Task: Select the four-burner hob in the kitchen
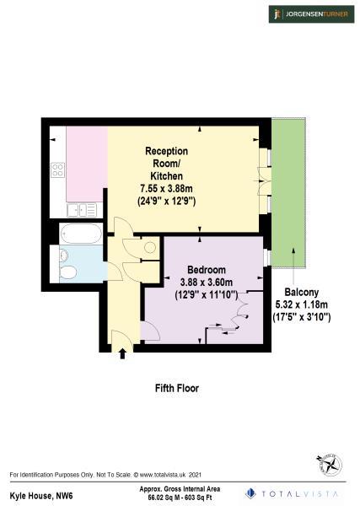(58, 171)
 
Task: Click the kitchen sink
(81, 210)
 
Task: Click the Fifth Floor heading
(176, 389)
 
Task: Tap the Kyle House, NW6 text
(37, 495)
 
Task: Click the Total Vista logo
(293, 493)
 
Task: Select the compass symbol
(327, 463)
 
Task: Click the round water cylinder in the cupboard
(149, 247)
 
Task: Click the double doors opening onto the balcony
(264, 180)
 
